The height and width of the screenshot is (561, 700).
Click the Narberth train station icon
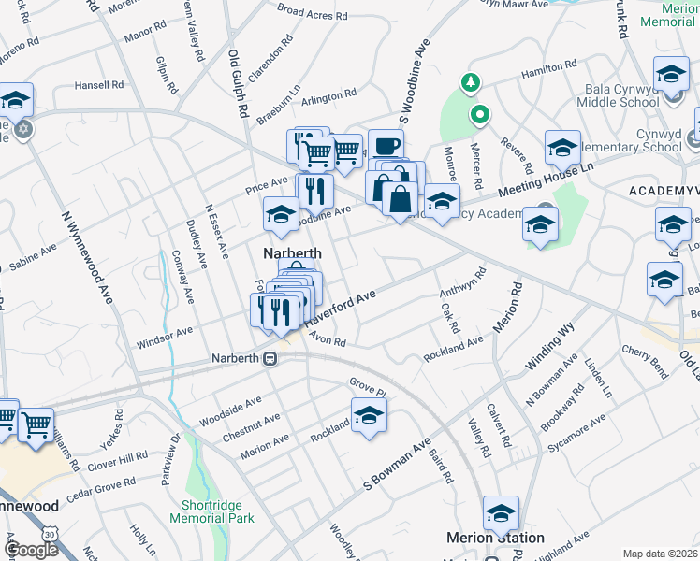[x=270, y=358]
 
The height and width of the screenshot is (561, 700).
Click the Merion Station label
[x=495, y=538]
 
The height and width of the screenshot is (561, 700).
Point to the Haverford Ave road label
[x=342, y=308]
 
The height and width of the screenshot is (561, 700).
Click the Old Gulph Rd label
[x=237, y=81]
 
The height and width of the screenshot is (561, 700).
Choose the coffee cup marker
[x=386, y=146]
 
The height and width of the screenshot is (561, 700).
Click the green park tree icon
[x=471, y=82]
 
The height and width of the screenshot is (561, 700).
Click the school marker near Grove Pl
[x=369, y=415]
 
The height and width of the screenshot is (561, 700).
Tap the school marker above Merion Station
[x=501, y=512]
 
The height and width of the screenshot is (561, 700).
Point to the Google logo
[x=31, y=550]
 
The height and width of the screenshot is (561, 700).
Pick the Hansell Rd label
[x=99, y=85]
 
